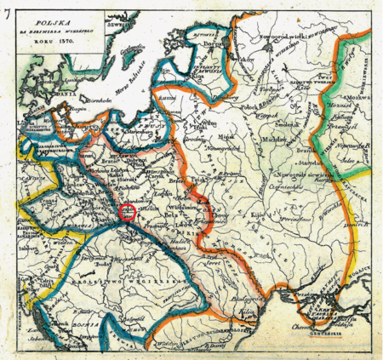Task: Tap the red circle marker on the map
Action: tap(129, 212)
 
